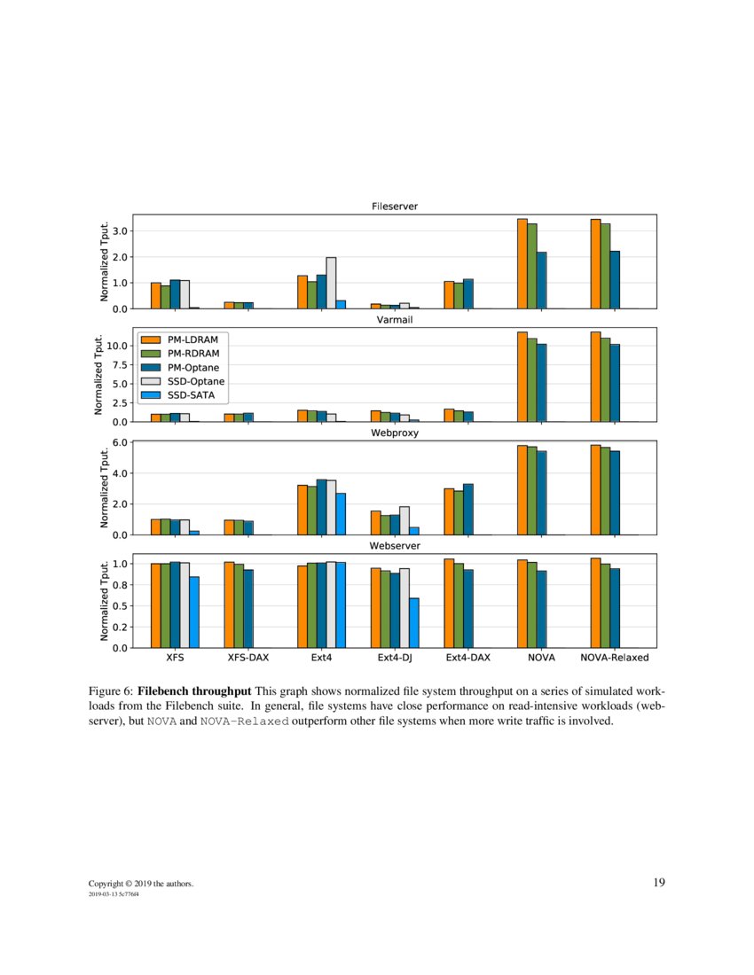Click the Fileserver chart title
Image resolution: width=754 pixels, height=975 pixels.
pos(394,207)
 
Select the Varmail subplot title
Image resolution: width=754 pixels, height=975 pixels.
pos(394,320)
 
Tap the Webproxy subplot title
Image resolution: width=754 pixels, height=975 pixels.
pos(394,433)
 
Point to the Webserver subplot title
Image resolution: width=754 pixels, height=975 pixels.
pos(394,546)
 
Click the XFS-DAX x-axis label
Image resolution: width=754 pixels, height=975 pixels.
pos(247,658)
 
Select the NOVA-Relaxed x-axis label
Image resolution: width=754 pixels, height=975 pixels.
pos(615,658)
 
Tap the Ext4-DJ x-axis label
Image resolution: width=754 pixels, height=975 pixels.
pos(394,658)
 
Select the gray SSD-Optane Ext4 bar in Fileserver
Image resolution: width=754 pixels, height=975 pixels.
pos(331,283)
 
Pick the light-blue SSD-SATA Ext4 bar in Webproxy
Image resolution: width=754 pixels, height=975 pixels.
pos(341,513)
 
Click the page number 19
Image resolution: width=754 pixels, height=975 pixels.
pos(658,882)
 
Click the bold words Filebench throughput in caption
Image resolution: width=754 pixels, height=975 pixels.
pos(194,690)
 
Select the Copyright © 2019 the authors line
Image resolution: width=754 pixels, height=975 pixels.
pos(140,884)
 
